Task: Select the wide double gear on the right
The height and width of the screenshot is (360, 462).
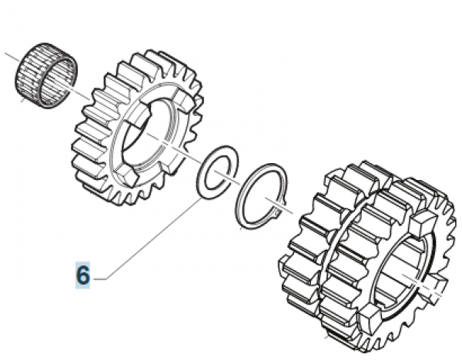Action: pos(363,253)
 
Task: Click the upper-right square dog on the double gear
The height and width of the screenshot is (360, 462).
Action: pos(420,224)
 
